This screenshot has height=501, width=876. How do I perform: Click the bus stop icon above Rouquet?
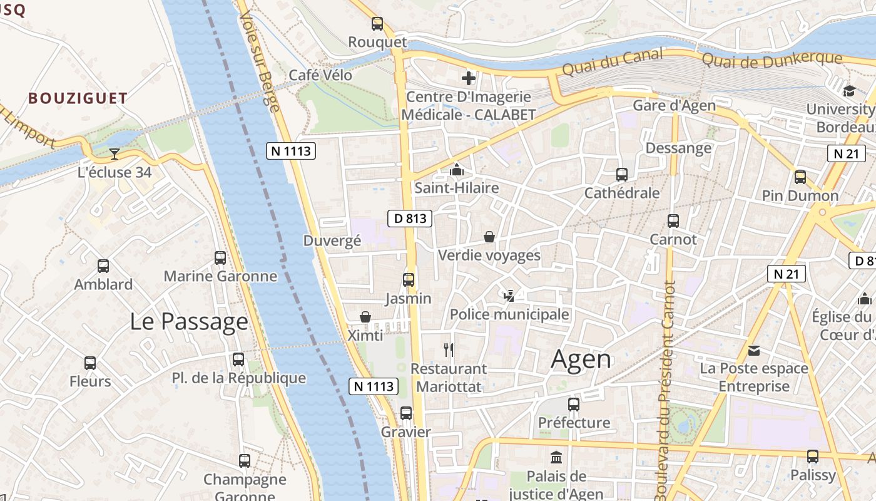pyautogui.click(x=377, y=24)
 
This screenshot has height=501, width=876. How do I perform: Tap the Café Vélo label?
pyautogui.click(x=320, y=75)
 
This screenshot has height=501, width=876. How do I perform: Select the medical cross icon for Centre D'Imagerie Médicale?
pyautogui.click(x=468, y=78)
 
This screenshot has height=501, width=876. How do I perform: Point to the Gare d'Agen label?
pyautogui.click(x=674, y=105)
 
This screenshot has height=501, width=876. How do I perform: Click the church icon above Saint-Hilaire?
pyautogui.click(x=457, y=170)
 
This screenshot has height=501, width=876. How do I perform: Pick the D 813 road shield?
pyautogui.click(x=410, y=218)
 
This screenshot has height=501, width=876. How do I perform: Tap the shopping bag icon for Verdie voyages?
pyautogui.click(x=489, y=237)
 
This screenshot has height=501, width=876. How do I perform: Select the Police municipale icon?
pyautogui.click(x=509, y=296)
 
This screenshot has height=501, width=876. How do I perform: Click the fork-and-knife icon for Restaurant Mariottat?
pyautogui.click(x=448, y=349)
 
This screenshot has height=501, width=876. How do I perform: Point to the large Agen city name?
pyautogui.click(x=581, y=359)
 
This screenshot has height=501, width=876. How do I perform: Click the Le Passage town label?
pyautogui.click(x=189, y=321)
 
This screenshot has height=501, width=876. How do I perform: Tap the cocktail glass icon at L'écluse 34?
pyautogui.click(x=115, y=153)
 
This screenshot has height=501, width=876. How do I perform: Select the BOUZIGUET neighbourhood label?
pyautogui.click(x=78, y=98)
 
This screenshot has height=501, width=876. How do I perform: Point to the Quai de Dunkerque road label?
pyautogui.click(x=772, y=60)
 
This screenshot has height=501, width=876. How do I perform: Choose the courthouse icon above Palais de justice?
pyautogui.click(x=556, y=457)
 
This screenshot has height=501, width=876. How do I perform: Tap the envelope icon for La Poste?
pyautogui.click(x=754, y=350)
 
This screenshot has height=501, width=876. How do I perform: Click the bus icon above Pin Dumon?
pyautogui.click(x=800, y=177)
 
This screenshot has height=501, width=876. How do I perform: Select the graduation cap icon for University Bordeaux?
pyautogui.click(x=849, y=91)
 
